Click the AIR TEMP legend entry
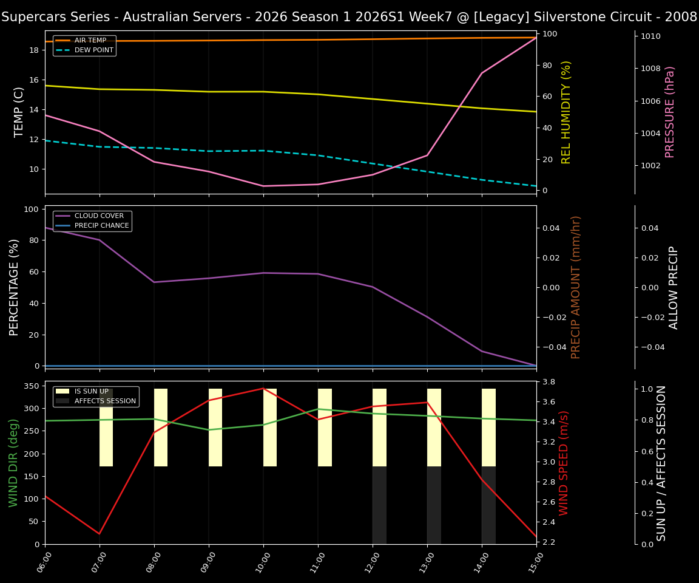coord(90,41)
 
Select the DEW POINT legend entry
coord(93,50)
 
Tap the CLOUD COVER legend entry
coord(99,216)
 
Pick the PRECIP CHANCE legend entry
coord(101,226)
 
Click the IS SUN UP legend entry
coord(91,392)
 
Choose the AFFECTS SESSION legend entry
coord(105,401)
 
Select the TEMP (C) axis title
coord(19,112)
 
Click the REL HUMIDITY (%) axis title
coord(567,112)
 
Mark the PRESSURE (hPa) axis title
coord(670,112)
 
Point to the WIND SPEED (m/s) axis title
coord(564,463)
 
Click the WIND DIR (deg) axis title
coord(13,463)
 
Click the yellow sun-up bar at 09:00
coord(215,428)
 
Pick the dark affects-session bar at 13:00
coord(434,505)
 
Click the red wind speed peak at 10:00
coord(263,389)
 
